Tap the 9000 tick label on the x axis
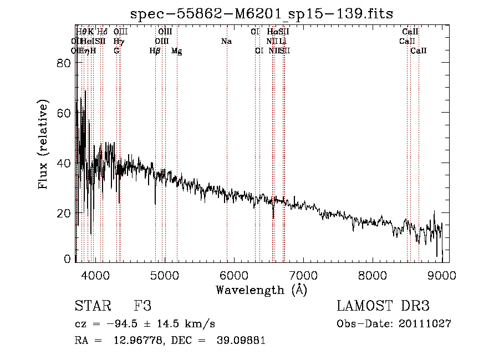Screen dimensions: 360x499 (442, 274)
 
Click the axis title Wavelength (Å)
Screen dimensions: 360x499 (261, 290)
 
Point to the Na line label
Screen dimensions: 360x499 (226, 42)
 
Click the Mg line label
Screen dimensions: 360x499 (177, 51)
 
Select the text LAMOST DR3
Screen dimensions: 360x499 (383, 306)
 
